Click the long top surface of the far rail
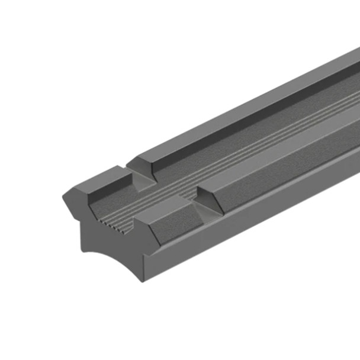click(249, 107)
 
